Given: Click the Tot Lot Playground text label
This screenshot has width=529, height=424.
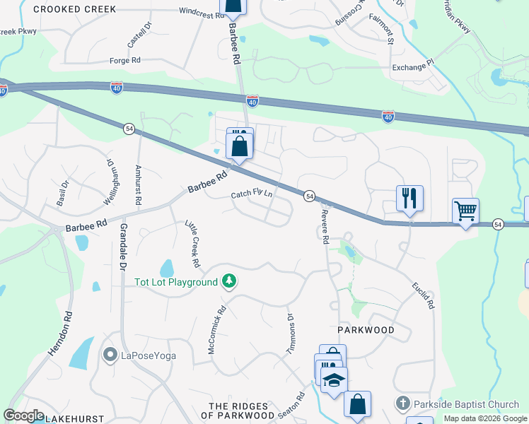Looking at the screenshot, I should click(x=176, y=282).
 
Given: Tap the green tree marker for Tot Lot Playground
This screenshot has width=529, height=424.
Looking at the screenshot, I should click(x=228, y=282).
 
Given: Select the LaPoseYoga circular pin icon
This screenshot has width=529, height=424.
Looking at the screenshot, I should click(x=110, y=354).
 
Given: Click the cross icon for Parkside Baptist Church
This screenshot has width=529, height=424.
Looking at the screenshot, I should click(x=402, y=404).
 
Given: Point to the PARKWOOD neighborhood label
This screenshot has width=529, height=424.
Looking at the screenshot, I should click(x=365, y=330).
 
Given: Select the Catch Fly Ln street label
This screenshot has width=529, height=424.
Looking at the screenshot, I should click(x=252, y=194).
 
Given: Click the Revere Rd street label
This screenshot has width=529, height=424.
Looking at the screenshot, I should click(x=325, y=227).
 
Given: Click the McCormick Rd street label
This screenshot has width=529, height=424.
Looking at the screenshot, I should click(x=222, y=319).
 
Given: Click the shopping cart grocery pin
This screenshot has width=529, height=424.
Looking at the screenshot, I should click(x=465, y=210).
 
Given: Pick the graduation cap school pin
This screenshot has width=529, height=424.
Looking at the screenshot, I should click(x=334, y=379).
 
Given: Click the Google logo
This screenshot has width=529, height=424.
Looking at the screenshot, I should click(x=24, y=416).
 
